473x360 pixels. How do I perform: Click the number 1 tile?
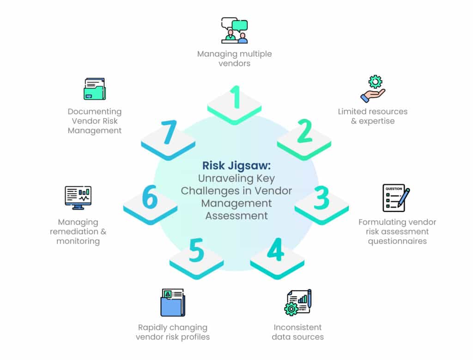235,103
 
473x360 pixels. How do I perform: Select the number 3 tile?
321,202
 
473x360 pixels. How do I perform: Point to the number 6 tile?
150,202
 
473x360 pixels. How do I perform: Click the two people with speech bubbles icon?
234,31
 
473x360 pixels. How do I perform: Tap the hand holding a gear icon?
373,89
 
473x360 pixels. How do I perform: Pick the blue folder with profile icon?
173,303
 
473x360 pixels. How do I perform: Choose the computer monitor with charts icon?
78,197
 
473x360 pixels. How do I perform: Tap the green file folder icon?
94,89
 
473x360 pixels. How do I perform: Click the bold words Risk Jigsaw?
236,165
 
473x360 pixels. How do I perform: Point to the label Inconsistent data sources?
297,332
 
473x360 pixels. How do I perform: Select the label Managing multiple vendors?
234,58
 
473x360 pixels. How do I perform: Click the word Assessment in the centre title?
236,215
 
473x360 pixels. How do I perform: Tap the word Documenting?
95,111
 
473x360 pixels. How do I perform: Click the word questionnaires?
397,241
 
